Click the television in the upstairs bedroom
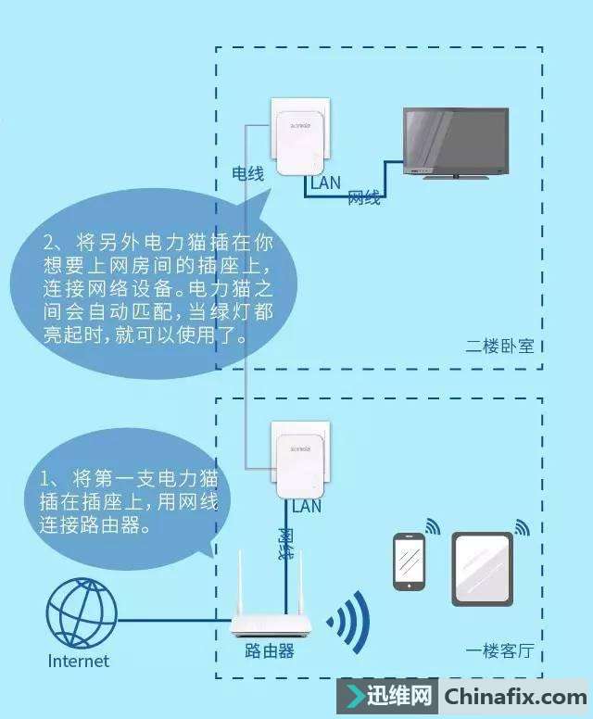coord(455,140)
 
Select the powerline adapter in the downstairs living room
coord(297,460)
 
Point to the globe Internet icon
coord(82,614)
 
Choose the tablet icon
coord(482,569)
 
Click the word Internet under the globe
coord(79,662)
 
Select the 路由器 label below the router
coord(270,651)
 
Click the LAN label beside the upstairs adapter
coord(326,183)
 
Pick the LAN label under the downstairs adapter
coord(307,507)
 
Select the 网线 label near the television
coord(364,198)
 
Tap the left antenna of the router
coord(239,584)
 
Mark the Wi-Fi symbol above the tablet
coord(522,527)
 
